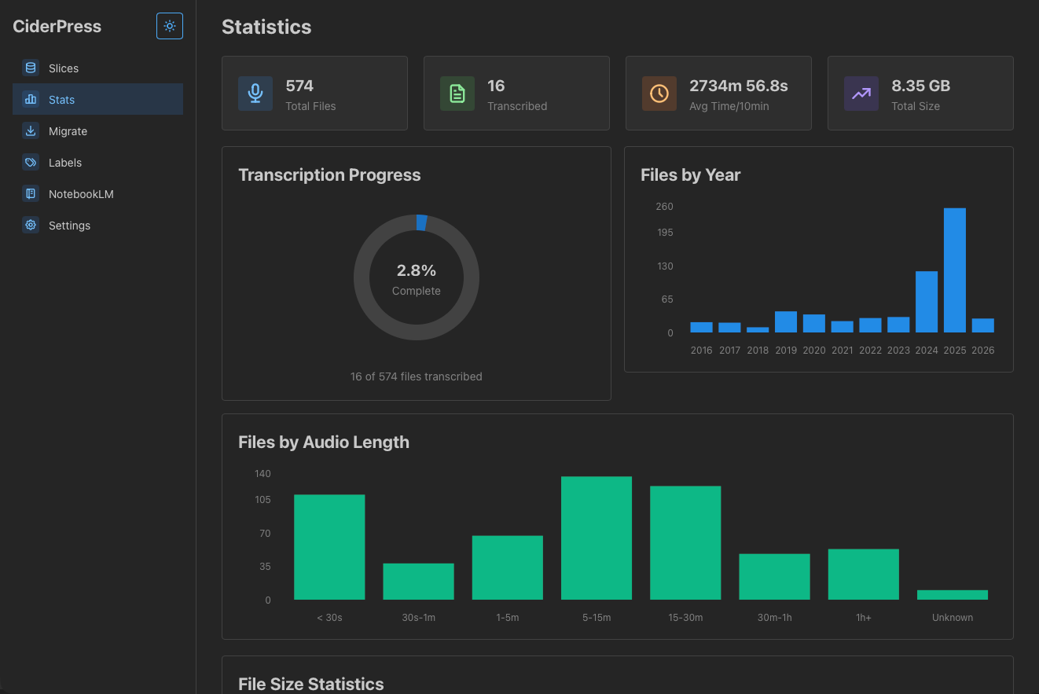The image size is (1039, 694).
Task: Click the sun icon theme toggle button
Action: pos(169,26)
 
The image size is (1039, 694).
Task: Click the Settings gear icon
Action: pos(31,225)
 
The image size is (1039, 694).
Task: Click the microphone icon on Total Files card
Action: pos(255,94)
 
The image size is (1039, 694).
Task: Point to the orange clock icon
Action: pos(659,94)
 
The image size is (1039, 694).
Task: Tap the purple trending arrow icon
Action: pos(861,94)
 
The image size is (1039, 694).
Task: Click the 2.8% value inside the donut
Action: pos(416,270)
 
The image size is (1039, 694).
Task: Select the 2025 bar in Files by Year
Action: pos(955,270)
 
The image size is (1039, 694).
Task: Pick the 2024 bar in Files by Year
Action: pos(927,302)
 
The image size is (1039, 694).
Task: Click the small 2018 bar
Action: pos(758,330)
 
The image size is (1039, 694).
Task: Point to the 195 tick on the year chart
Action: pos(665,233)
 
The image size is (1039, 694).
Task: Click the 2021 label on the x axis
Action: pos(842,351)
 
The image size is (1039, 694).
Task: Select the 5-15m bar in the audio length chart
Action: pos(596,538)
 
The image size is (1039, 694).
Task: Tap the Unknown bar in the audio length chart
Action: pos(953,595)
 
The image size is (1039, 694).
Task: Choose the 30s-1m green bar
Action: pos(418,582)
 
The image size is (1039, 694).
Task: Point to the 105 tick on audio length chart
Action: pos(263,500)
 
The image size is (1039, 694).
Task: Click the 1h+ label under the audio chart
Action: pos(863,618)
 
